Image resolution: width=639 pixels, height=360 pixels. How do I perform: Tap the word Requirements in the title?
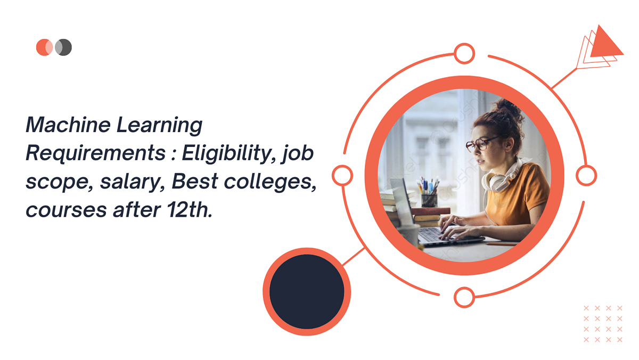point(95,153)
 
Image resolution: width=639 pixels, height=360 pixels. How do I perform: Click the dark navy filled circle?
point(307,291)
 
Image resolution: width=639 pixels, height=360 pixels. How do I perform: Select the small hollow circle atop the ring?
point(464,53)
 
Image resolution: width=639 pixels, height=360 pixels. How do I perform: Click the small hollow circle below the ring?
point(464,297)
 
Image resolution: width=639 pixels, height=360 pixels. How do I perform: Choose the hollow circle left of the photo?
point(342,175)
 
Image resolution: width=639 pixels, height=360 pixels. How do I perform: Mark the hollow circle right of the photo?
point(586,175)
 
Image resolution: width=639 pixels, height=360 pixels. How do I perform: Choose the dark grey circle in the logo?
point(64,47)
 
